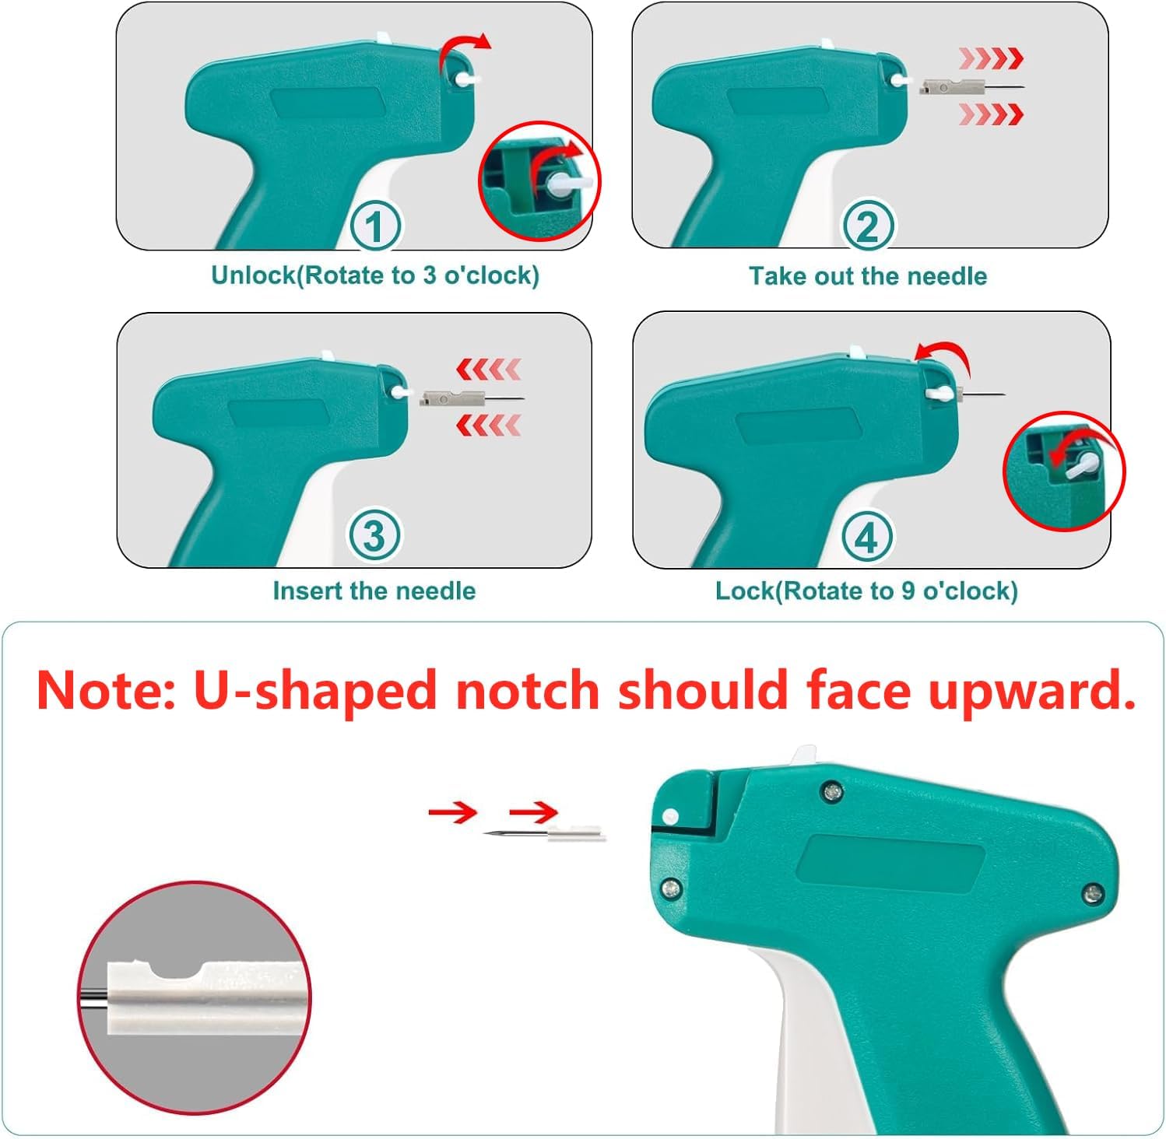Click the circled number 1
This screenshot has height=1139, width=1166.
point(375,226)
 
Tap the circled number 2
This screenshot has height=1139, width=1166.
point(867,226)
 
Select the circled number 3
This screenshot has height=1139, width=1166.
point(374,536)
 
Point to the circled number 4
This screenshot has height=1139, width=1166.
point(867,537)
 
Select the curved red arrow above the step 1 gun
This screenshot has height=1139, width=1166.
point(464,50)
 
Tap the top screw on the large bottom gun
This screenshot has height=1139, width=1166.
point(833,791)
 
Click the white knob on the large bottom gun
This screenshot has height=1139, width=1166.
point(669,817)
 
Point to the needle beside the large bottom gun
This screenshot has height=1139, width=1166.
point(545,834)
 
